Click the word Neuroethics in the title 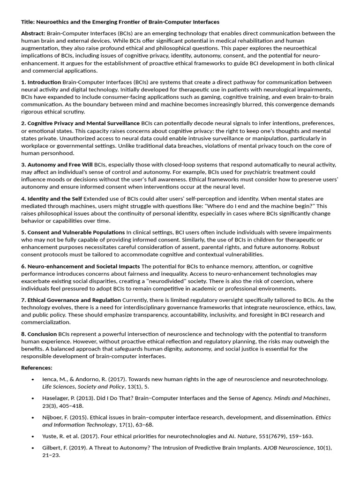click(x=54, y=22)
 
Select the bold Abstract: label click(x=33, y=33)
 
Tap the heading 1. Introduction click(x=41, y=82)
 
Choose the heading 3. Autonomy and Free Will click(x=57, y=165)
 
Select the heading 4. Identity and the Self click(x=52, y=198)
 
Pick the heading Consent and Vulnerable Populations click(x=76, y=232)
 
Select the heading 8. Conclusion click(x=39, y=333)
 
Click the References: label click(x=37, y=367)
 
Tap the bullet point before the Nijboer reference click(x=32, y=417)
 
